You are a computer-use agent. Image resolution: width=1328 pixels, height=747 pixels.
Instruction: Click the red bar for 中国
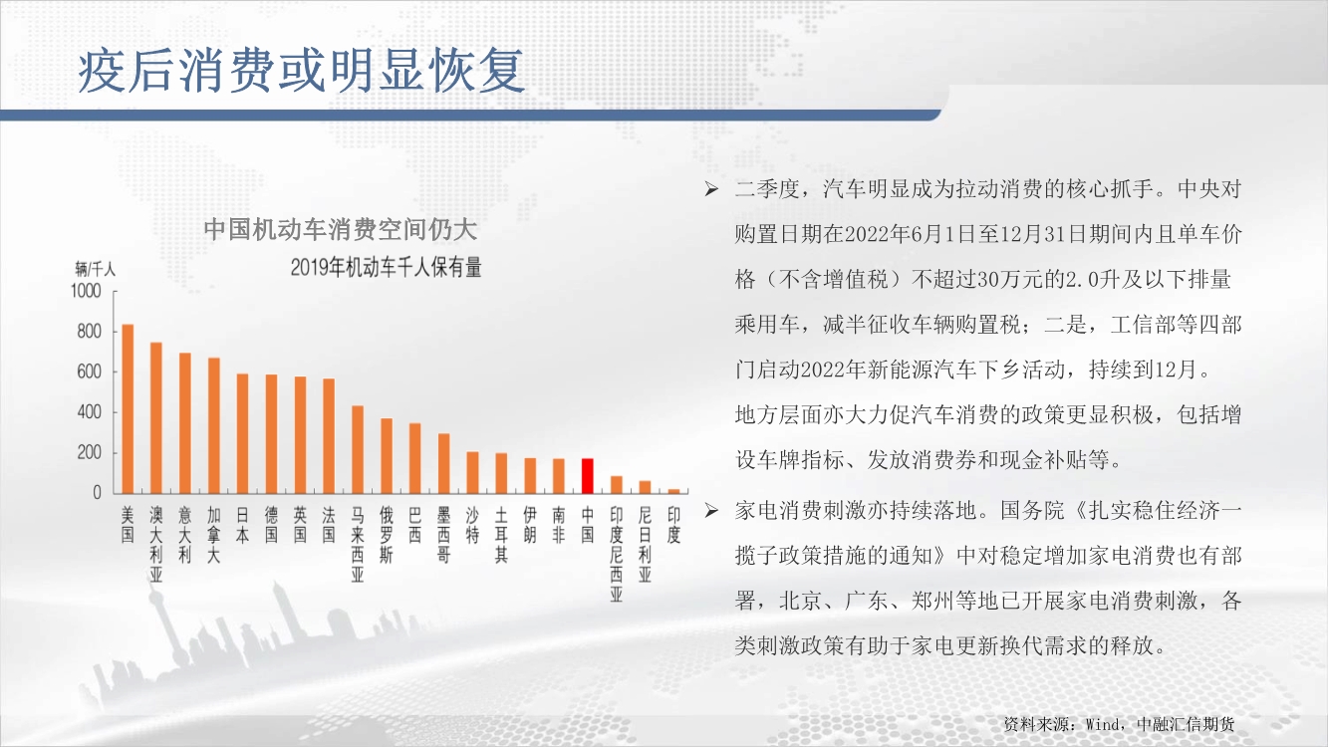(587, 475)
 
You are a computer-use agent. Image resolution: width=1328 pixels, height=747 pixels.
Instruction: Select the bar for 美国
(128, 408)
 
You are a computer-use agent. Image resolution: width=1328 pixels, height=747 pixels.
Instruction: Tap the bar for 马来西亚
(358, 449)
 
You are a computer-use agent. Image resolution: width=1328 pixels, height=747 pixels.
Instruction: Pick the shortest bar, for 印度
(673, 491)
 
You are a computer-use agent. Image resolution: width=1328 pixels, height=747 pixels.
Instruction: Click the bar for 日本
(242, 433)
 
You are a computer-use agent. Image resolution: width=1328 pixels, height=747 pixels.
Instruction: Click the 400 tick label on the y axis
(89, 412)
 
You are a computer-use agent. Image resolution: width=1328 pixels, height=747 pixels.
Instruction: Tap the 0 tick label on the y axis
(97, 493)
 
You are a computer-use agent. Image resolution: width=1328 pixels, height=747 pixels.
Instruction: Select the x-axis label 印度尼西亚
(616, 554)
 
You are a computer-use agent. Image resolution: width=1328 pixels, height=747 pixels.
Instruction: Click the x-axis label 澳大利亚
(156, 544)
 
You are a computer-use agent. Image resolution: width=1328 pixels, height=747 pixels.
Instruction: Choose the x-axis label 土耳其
(501, 535)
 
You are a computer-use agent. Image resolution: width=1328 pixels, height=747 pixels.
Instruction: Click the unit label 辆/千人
(95, 270)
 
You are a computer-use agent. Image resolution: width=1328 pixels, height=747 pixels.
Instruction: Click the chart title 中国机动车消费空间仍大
(341, 229)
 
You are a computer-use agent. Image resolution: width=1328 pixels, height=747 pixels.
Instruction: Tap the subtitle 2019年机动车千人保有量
(386, 268)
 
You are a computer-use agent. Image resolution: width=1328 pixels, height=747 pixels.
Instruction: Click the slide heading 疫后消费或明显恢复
(301, 71)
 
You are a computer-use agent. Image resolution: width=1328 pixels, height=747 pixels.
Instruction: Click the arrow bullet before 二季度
(711, 189)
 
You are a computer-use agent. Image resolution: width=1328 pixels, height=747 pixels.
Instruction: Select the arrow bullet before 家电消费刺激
(711, 510)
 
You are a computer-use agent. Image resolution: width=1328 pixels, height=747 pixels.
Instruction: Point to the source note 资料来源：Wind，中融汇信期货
(1119, 724)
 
